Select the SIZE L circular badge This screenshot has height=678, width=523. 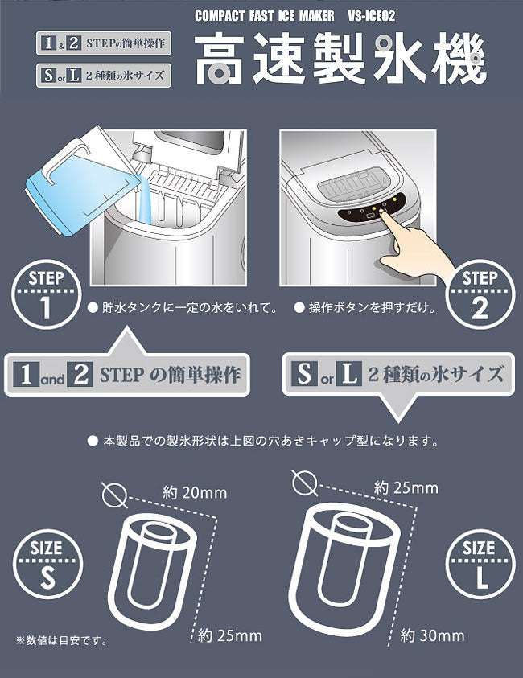(x=479, y=561)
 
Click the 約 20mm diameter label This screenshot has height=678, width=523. (x=194, y=493)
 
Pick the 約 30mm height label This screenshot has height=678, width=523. (x=431, y=635)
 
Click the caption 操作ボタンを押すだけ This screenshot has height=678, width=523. (x=364, y=307)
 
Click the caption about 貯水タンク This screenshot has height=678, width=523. (x=182, y=307)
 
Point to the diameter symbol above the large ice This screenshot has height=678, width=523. (x=304, y=483)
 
